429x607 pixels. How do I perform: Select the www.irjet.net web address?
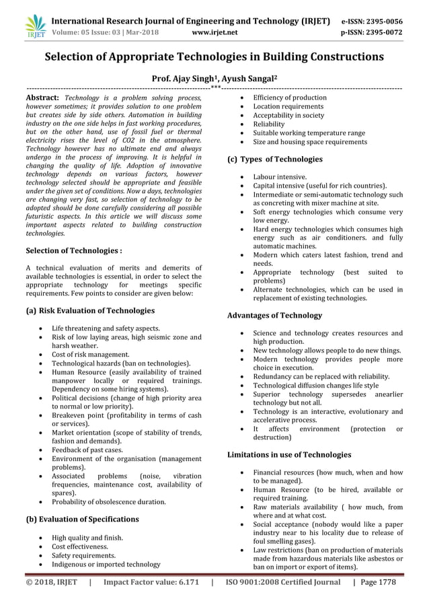(214, 32)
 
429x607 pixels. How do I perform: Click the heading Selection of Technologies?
(73, 251)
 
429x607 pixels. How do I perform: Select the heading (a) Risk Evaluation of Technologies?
(89, 311)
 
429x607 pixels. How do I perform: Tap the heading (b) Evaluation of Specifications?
(82, 520)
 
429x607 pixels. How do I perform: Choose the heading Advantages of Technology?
(274, 315)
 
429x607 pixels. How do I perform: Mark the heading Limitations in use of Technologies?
(289, 455)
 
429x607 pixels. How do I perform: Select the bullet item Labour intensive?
(280, 176)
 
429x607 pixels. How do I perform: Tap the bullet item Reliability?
(269, 124)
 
